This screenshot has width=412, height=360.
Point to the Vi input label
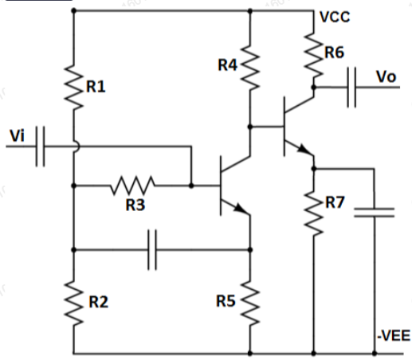point(16,136)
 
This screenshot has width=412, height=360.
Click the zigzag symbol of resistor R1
point(73,86)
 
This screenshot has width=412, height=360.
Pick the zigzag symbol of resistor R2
point(73,303)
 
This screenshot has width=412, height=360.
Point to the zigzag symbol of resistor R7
point(314,212)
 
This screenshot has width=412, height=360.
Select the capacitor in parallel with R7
point(373,212)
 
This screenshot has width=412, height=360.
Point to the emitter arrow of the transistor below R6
point(303,150)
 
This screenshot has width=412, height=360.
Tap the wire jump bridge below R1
point(74,147)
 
